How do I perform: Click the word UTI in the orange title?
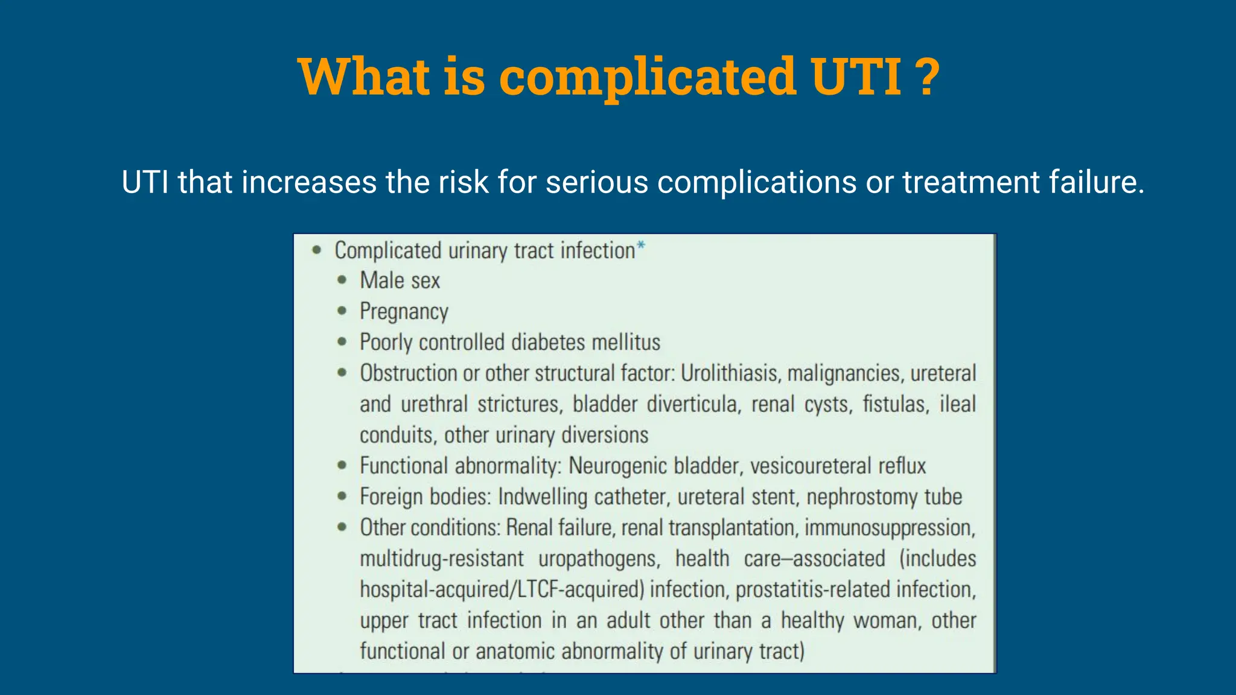(x=856, y=77)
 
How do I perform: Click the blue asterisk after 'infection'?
(x=641, y=246)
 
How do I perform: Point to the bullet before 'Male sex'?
(x=342, y=280)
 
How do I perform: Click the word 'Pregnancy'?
(x=404, y=311)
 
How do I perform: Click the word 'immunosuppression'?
(x=890, y=528)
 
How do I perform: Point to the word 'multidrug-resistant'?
(x=442, y=559)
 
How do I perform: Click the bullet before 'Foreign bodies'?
(x=342, y=497)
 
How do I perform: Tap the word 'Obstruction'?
(x=408, y=373)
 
